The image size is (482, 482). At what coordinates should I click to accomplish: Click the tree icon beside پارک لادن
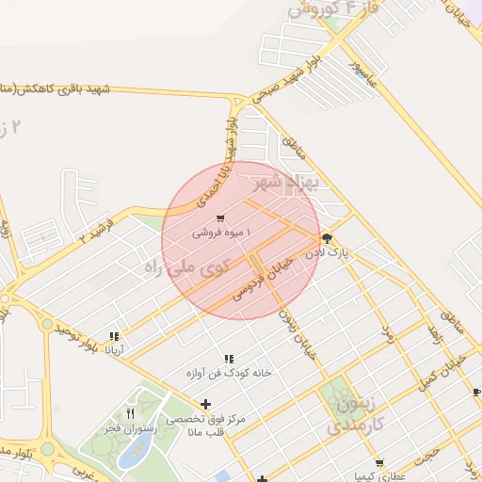coord(327,238)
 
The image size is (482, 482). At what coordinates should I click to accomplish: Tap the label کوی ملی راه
coord(188,265)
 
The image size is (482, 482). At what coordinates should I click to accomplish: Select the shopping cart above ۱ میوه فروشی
coord(220,218)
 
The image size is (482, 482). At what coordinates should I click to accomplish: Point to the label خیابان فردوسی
coord(270,279)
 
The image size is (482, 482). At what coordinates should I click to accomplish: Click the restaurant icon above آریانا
coord(115,336)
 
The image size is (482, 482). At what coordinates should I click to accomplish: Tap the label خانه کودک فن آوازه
coord(229,372)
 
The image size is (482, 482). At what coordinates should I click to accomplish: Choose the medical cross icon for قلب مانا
coord(206,405)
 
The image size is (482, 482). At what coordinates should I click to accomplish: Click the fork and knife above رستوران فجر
coord(131,413)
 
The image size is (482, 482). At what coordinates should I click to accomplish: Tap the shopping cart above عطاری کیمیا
coord(379,462)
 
